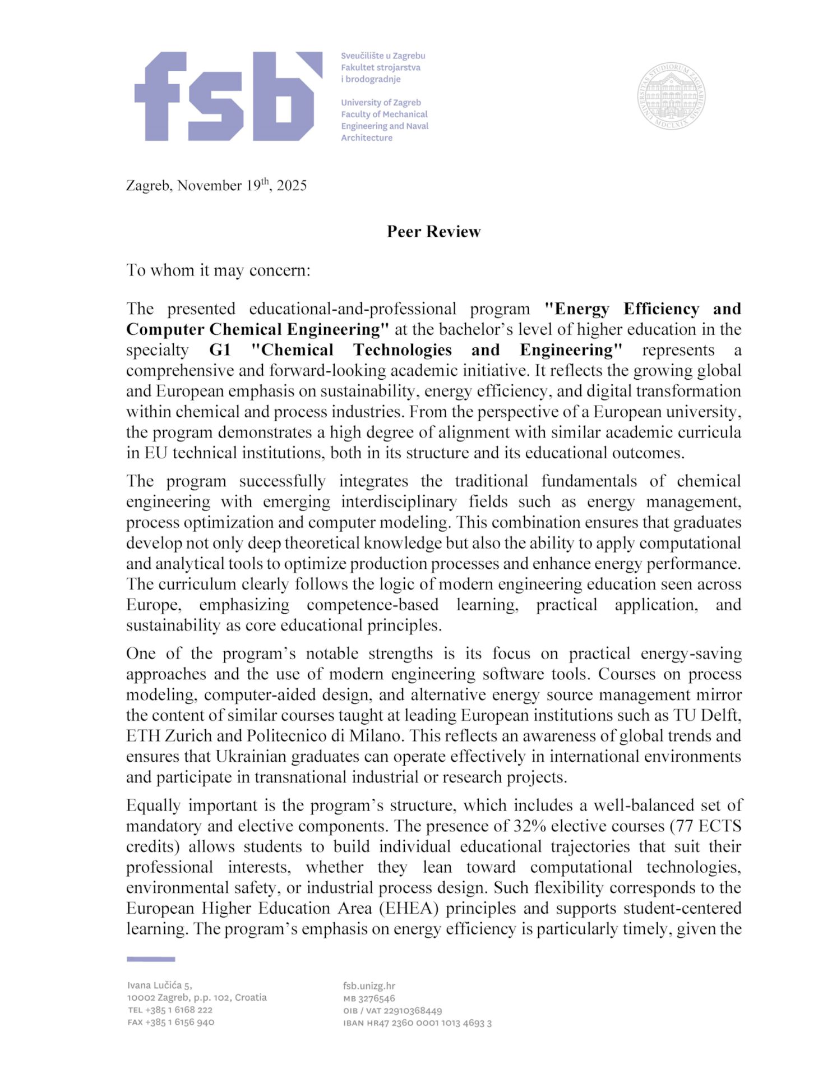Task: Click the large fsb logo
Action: point(228,96)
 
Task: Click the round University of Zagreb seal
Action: point(671,96)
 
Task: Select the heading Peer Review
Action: point(433,232)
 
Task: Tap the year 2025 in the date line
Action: point(292,186)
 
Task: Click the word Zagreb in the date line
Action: point(149,186)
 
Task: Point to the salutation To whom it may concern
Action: point(218,270)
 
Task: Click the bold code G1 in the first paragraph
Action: point(220,350)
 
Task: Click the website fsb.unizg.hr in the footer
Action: point(369,986)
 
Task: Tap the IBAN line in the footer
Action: point(417,1023)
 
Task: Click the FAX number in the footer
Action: point(170,1022)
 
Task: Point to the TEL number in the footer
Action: point(170,1010)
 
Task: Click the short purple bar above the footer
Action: point(151,959)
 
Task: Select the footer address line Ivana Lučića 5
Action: point(160,986)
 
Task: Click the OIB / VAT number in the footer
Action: point(392,1011)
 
